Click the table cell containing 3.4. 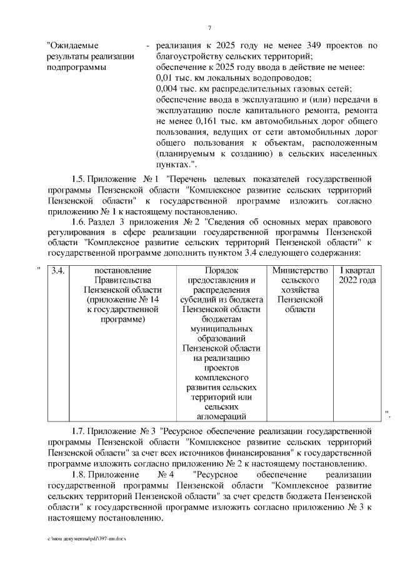pos(58,270)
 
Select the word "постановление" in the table pos(122,270)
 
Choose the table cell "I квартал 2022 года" pos(357,275)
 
